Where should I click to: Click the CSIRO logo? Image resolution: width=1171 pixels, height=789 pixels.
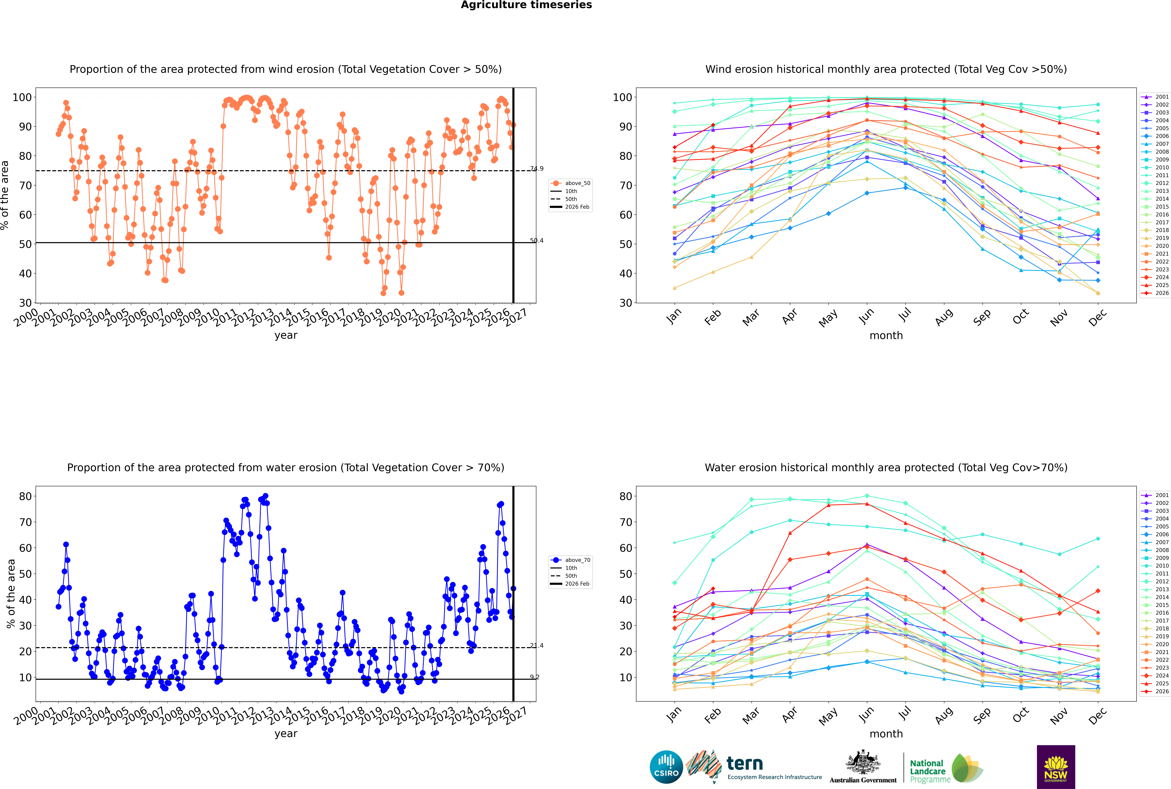[666, 767]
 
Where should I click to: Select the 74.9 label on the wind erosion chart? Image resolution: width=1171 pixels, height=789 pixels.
[537, 169]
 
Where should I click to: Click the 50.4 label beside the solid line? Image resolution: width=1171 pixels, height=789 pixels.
[537, 241]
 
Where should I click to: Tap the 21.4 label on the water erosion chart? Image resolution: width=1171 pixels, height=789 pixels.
[537, 646]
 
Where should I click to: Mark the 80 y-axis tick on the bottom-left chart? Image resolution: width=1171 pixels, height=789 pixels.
[25, 496]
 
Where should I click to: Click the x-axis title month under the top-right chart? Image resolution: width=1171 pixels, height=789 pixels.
[886, 336]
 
